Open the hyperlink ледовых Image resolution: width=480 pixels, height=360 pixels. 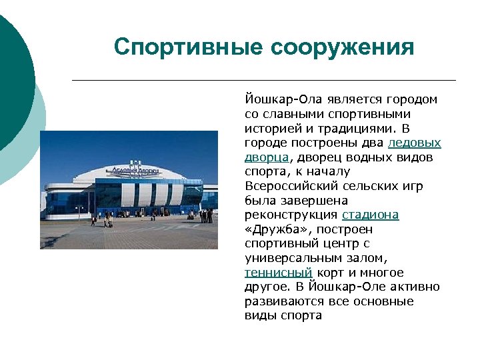point(414,143)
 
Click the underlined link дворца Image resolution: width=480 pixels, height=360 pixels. point(266,157)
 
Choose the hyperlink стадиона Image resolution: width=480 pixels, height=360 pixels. point(370,215)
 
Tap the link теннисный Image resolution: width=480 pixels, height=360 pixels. point(278,272)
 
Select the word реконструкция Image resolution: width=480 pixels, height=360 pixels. point(291,215)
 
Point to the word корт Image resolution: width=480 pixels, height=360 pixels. point(330,272)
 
